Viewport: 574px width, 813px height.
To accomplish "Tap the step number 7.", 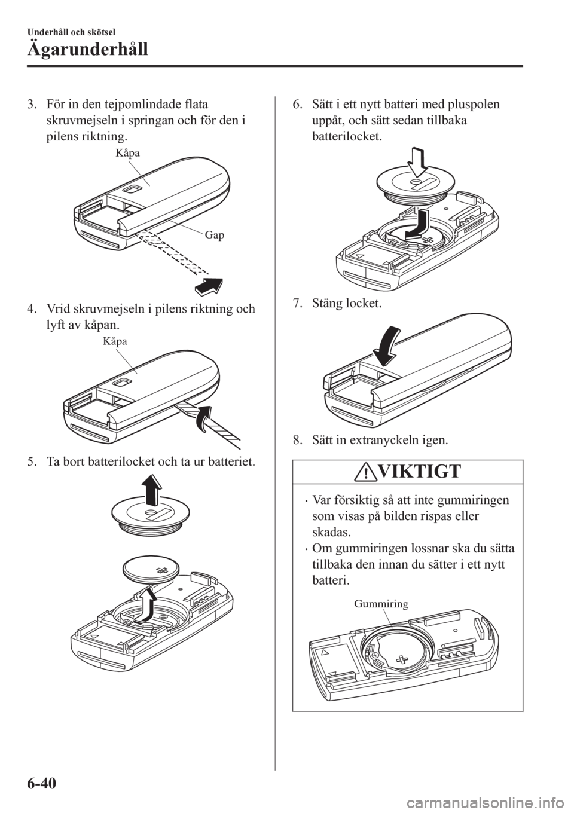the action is click(296, 305).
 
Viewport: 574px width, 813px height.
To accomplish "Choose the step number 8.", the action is click(296, 442).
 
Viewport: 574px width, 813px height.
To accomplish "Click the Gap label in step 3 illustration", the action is click(216, 235).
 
